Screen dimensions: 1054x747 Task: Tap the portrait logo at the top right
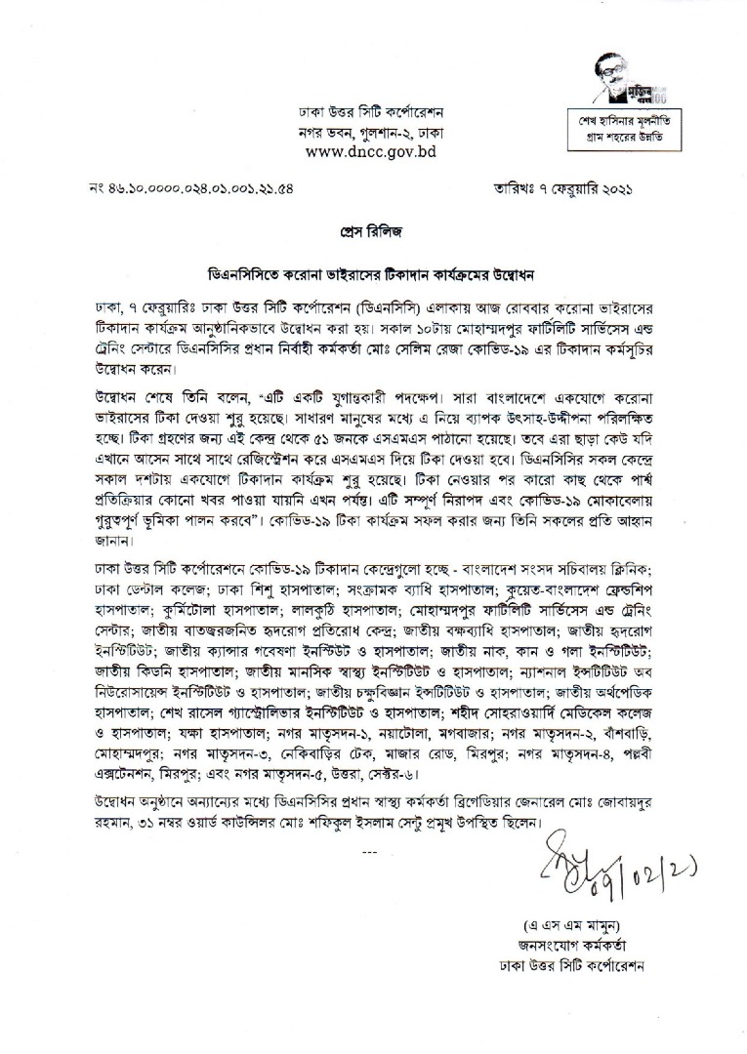620,82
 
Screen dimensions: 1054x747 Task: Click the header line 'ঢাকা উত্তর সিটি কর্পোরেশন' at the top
370,112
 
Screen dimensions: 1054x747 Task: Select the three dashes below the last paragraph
368,852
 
